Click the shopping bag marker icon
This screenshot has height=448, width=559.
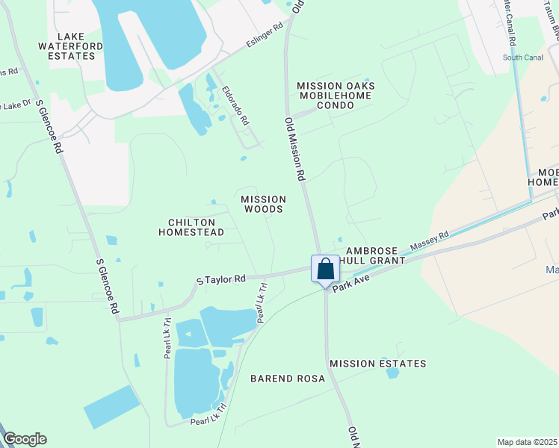[x=326, y=269]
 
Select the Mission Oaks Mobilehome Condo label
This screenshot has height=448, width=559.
[x=336, y=96]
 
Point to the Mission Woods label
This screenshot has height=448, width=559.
[x=263, y=205]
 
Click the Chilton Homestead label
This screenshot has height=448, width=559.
[x=191, y=227]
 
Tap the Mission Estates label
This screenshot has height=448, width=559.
[x=378, y=364]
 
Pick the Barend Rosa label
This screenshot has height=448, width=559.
[x=288, y=379]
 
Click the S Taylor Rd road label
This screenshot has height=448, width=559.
[x=221, y=279]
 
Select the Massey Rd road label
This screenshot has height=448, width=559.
[x=429, y=240]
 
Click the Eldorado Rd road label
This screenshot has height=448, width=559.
[x=235, y=105]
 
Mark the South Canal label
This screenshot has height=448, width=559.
[x=522, y=57]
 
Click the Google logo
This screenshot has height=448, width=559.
[x=25, y=439]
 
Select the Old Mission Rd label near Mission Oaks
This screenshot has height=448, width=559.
[x=296, y=149]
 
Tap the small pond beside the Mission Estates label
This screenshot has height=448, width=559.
[x=392, y=373]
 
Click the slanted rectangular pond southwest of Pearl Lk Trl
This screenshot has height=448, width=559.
[x=111, y=407]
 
